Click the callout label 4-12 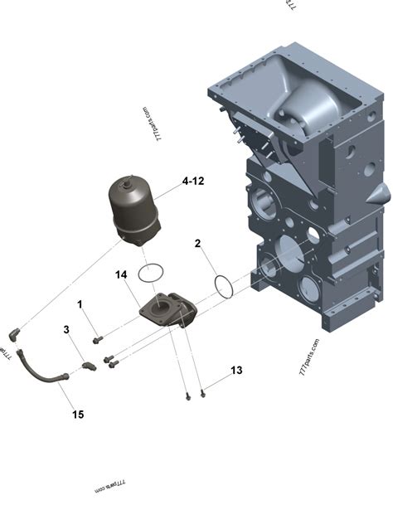[193, 180]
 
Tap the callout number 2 [197, 243]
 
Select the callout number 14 [120, 274]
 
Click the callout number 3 [66, 330]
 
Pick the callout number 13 [237, 370]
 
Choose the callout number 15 [78, 414]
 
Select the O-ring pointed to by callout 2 [223, 284]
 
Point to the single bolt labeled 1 [98, 338]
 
